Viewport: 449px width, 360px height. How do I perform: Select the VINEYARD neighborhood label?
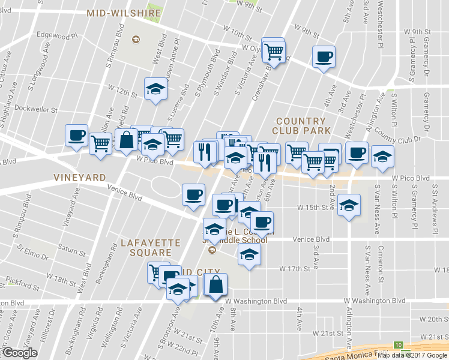click(x=80, y=178)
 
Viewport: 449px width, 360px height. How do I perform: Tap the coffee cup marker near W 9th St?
click(x=324, y=58)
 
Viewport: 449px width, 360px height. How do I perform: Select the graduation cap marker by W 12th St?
click(x=155, y=89)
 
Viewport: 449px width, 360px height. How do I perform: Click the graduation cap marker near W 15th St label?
click(x=349, y=205)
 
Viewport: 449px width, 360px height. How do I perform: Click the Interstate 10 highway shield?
click(x=399, y=344)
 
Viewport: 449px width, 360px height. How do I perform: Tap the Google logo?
click(x=20, y=353)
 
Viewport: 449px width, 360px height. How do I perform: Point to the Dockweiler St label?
click(x=36, y=110)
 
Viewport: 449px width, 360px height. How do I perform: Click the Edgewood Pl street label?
click(x=58, y=35)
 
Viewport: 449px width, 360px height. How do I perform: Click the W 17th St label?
click(x=295, y=268)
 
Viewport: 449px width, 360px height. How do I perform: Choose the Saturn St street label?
click(x=71, y=247)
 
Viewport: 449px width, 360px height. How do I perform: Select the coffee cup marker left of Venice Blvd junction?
click(x=193, y=195)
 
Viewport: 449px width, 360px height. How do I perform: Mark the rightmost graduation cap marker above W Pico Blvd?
click(x=382, y=156)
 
